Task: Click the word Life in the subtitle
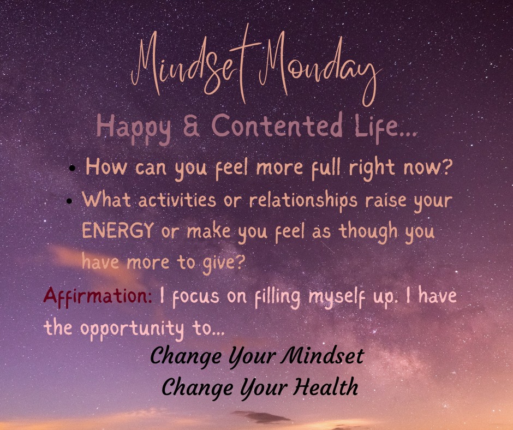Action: point(392,126)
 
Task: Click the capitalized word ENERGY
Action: point(117,231)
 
